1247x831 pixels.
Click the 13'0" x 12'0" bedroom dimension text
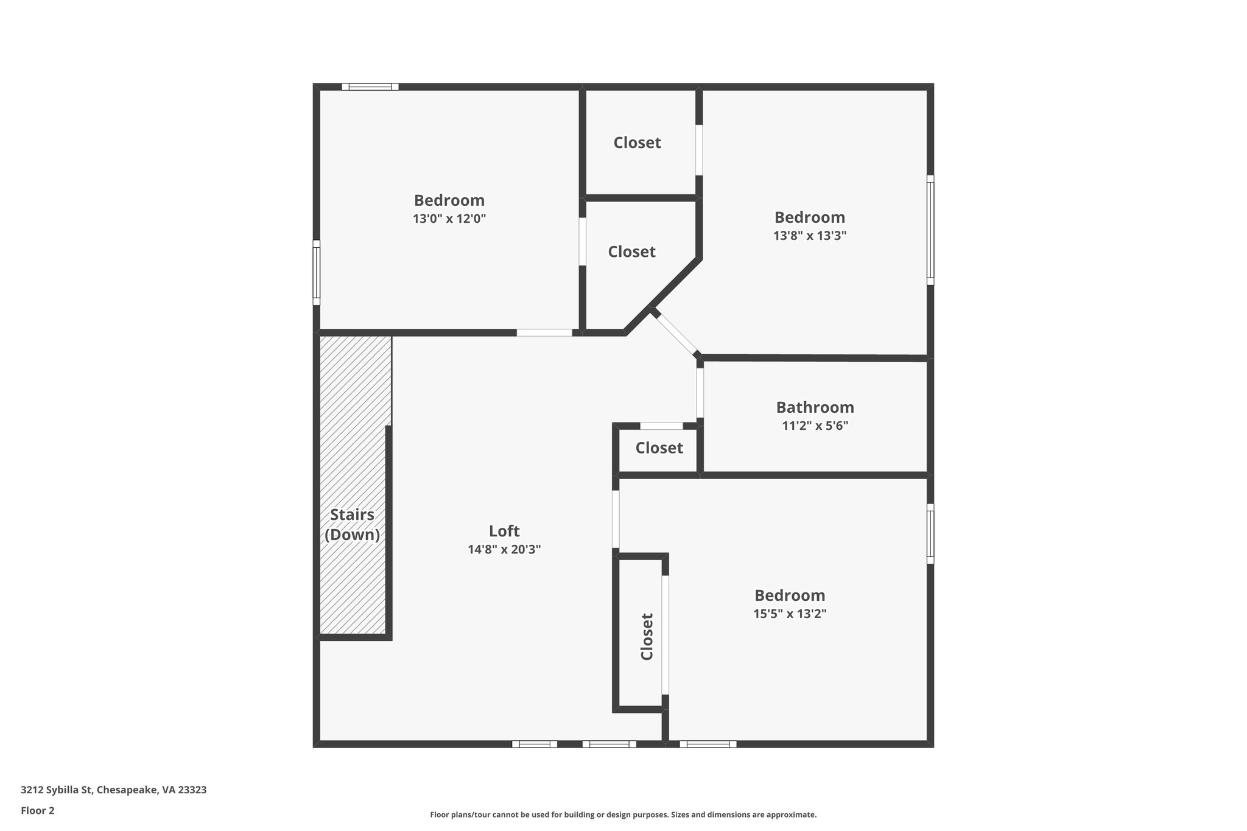pos(449,219)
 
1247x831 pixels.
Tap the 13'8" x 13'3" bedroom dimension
pos(810,236)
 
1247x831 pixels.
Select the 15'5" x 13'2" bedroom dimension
pos(790,614)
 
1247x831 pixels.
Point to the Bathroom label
pos(815,407)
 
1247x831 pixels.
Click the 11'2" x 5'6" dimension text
pos(815,426)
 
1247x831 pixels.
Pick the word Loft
pos(504,531)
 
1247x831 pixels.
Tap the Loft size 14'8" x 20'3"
pos(504,549)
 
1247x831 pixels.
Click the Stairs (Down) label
pos(352,524)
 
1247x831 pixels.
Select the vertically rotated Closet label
pos(647,636)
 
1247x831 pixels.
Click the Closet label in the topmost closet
pos(637,142)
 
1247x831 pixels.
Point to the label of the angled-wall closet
pos(631,251)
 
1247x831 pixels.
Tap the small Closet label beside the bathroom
pos(659,448)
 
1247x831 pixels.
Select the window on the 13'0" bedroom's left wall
pos(317,272)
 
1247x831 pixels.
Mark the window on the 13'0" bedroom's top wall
pos(370,86)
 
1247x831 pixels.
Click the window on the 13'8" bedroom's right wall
pos(930,230)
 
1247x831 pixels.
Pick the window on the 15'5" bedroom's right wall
pos(930,533)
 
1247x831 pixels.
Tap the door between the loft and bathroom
pos(700,393)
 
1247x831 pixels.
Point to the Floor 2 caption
pos(38,810)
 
